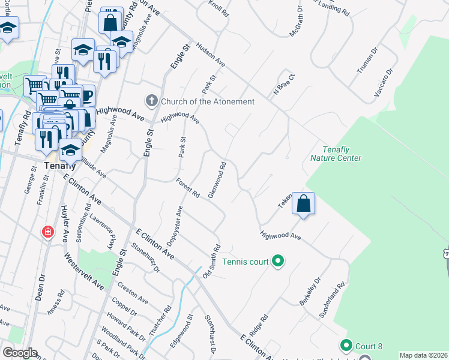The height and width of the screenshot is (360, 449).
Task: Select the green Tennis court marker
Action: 278,261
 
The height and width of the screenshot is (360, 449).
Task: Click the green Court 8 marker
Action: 346,346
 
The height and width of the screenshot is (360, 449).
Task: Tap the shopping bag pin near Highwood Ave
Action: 304,204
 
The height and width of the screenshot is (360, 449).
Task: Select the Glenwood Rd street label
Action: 217,180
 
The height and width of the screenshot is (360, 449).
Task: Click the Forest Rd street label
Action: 188,187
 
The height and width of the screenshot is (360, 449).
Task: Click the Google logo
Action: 19,353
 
